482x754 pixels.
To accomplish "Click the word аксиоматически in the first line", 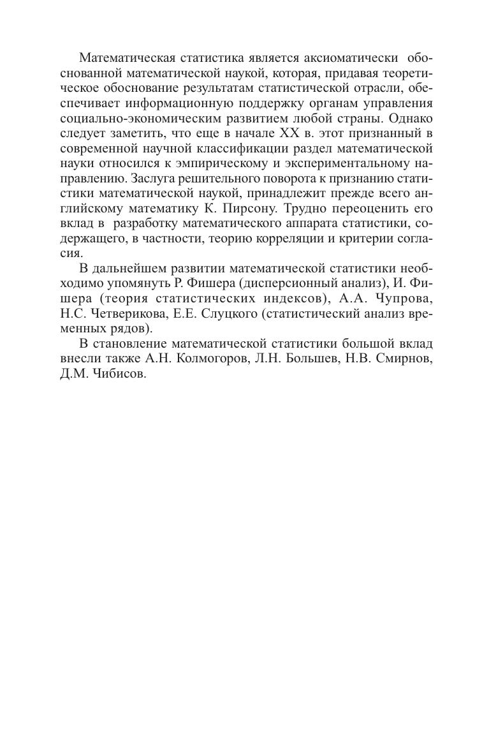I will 347,58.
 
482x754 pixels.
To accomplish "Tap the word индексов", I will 287,298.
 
